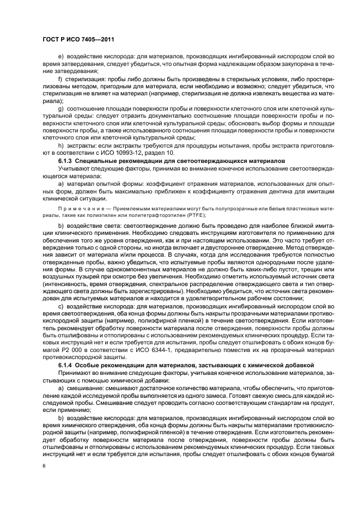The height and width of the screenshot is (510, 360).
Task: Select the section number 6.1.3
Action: [x=65, y=162]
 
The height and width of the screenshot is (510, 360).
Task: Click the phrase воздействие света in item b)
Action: [x=92, y=224]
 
